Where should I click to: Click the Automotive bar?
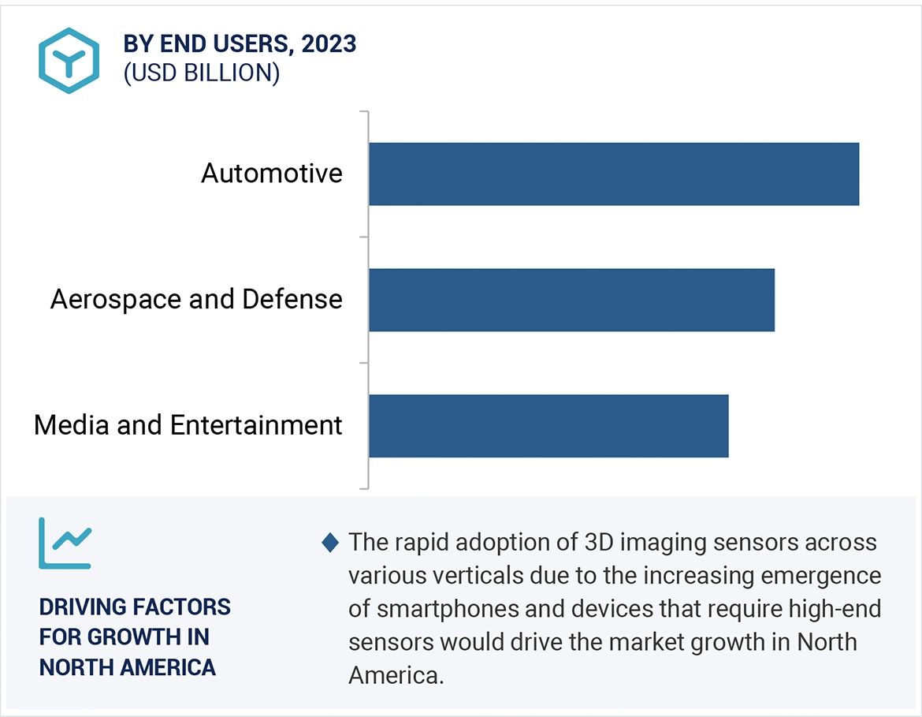[x=613, y=174]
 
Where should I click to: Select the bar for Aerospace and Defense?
[x=571, y=300]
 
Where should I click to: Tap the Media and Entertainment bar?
[x=548, y=426]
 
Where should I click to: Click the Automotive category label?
[x=272, y=173]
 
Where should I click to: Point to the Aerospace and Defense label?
[x=196, y=299]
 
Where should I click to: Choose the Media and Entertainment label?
[x=188, y=425]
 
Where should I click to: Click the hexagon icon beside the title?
[x=69, y=61]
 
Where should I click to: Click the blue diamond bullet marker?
[x=331, y=543]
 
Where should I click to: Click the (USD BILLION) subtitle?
[x=201, y=73]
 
